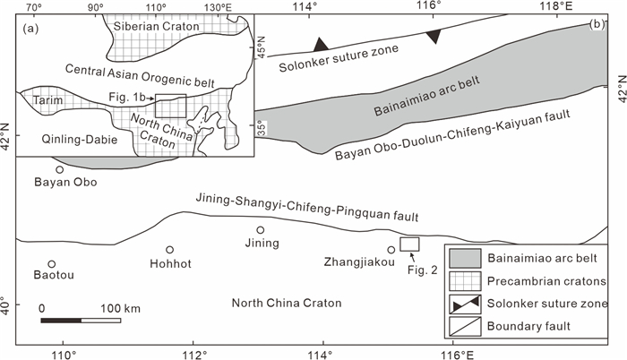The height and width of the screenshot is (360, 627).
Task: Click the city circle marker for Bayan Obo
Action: pos(60,169)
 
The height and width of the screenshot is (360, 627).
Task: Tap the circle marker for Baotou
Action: pos(51,264)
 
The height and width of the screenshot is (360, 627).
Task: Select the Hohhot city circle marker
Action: pos(169,250)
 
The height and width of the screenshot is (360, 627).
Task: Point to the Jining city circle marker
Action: pos(261,229)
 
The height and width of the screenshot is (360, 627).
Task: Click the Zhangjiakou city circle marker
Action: pos(391,250)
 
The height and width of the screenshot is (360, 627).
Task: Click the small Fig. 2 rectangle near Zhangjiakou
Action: pos(409,244)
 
